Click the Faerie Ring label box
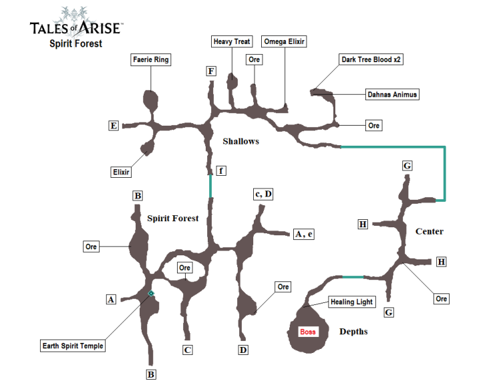tap(150, 60)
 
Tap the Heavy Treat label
tap(232, 41)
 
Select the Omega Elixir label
tap(284, 41)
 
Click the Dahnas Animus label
tap(392, 94)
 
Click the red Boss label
tap(307, 332)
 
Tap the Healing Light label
tap(351, 302)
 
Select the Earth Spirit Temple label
tap(73, 346)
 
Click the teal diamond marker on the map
tap(151, 293)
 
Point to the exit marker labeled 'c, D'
tap(263, 194)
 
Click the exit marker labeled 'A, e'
tap(303, 234)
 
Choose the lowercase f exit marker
tap(220, 171)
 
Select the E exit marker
tap(114, 125)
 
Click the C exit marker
tap(188, 350)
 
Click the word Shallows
tap(240, 141)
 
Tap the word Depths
tap(353, 332)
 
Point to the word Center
tap(430, 231)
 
